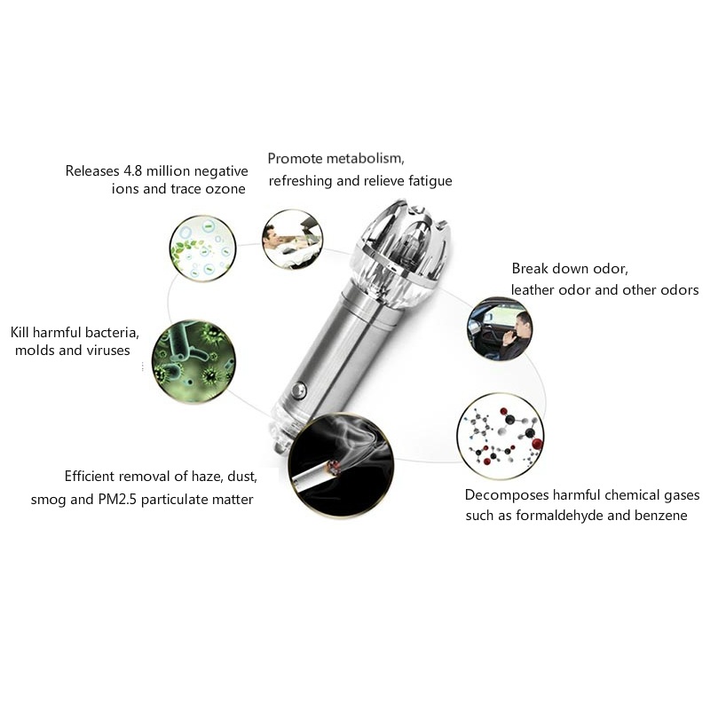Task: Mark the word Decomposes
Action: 504,494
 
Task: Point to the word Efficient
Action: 91,477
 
